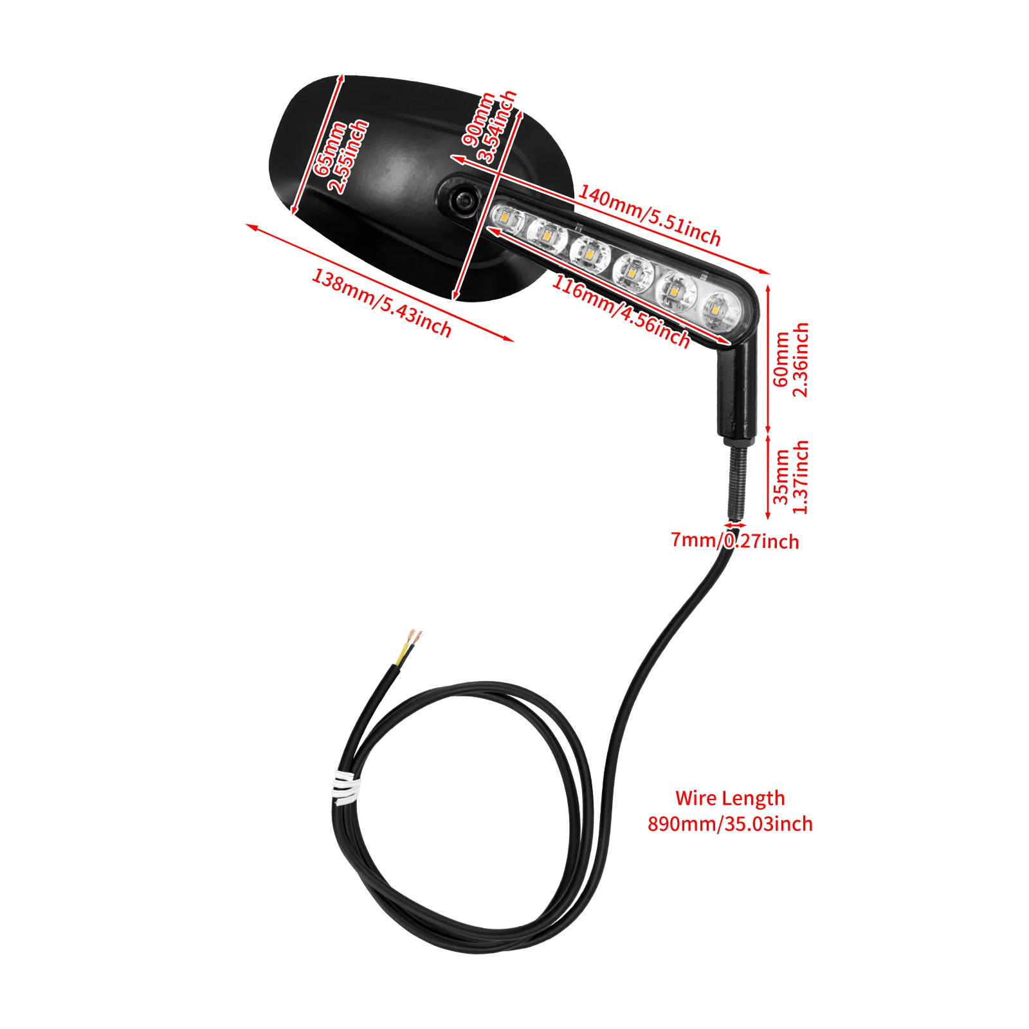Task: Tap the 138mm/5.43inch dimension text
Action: tap(381, 302)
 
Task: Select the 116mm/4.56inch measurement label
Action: tap(621, 311)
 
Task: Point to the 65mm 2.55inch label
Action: tap(340, 156)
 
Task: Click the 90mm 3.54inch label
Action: tap(489, 127)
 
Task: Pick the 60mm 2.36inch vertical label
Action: tap(790, 360)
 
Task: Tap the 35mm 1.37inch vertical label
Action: tap(790, 477)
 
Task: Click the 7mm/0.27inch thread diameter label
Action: tap(734, 541)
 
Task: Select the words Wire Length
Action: tap(730, 798)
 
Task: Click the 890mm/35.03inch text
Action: tap(730, 824)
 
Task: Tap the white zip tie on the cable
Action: tap(345, 788)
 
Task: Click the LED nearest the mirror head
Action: tap(507, 219)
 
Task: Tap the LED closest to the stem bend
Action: tap(718, 311)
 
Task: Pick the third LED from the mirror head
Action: tap(590, 255)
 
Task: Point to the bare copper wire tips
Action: tap(416, 637)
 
